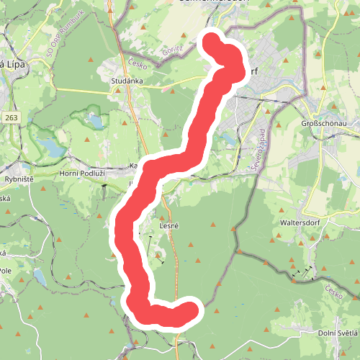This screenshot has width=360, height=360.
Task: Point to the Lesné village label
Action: [168, 226]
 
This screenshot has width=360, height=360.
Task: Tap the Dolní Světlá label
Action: [338, 333]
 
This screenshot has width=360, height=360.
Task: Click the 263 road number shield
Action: [10, 117]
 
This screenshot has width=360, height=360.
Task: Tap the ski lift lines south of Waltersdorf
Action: [302, 272]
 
